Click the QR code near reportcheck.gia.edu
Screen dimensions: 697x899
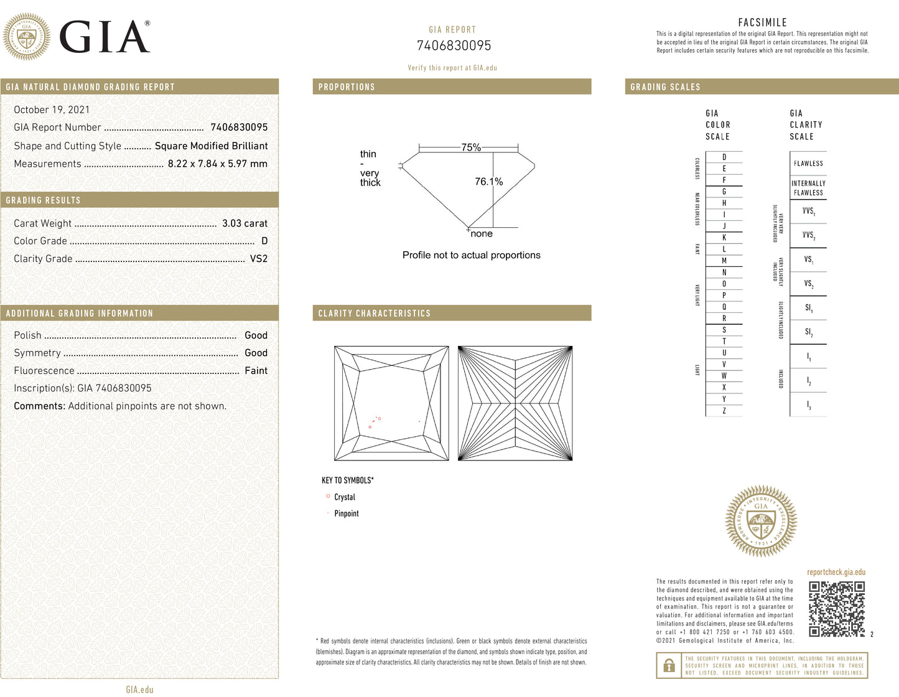click(837, 609)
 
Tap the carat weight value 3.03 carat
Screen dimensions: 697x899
click(245, 223)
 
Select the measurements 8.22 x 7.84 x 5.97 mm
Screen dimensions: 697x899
click(217, 164)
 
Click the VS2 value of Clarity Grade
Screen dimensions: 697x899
click(258, 259)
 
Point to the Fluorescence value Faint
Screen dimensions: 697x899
click(256, 371)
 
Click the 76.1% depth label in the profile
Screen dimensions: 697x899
click(488, 182)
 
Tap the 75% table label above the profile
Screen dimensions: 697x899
click(471, 147)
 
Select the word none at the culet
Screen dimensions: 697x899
click(482, 234)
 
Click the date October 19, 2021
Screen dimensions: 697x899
click(52, 110)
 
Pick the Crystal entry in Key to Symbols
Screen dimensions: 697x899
click(344, 497)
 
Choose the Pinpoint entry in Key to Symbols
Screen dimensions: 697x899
click(346, 513)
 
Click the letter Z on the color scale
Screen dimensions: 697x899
click(724, 411)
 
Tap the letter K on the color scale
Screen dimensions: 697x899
click(724, 238)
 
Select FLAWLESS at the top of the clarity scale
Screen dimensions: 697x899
click(808, 164)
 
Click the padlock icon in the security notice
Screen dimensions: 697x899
click(669, 666)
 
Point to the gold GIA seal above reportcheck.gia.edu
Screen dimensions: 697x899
click(761, 521)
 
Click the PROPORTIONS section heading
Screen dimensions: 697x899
click(347, 87)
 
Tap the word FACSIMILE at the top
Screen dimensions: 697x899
click(762, 22)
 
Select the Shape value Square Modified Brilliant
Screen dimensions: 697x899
click(211, 146)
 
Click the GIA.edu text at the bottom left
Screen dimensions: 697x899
click(139, 690)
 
